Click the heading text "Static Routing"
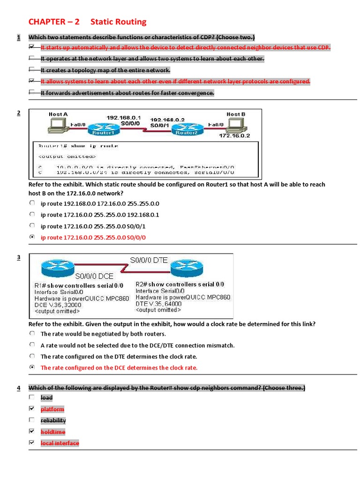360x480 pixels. [x=118, y=22]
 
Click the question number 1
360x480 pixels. [x=18, y=37]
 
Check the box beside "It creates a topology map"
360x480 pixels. [x=31, y=70]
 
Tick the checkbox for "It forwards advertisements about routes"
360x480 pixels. [x=31, y=92]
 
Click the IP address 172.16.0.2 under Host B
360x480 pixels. [x=234, y=136]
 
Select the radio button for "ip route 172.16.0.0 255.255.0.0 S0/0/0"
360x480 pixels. [x=31, y=237]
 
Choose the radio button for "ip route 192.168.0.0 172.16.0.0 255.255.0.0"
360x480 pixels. [x=31, y=203]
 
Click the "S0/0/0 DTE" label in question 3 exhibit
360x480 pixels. [x=149, y=260]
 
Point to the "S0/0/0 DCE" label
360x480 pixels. [x=94, y=276]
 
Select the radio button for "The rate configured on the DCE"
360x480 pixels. [x=31, y=367]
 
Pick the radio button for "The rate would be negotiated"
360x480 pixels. [x=31, y=333]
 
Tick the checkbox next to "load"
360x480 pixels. [x=31, y=397]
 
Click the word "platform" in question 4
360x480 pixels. [x=52, y=409]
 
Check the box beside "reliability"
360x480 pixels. [x=31, y=420]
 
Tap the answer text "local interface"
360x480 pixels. [x=60, y=443]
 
